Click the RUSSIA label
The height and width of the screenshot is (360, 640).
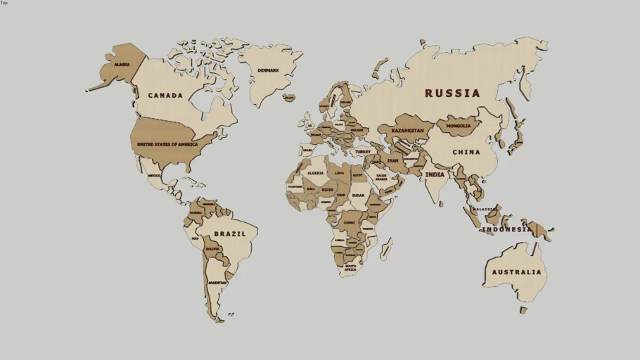coord(452,93)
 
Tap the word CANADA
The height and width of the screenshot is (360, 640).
coord(165,96)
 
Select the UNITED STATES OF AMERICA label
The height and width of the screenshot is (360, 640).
coord(167,144)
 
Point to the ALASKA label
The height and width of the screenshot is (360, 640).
coord(122,65)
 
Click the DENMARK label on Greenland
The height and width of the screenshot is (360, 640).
coord(268,70)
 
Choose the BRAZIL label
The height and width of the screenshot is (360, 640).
coord(230,233)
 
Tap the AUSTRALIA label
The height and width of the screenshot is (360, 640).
coord(517,272)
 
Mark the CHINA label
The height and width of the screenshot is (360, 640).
coord(466,152)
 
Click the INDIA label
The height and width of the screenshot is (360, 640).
coord(435,174)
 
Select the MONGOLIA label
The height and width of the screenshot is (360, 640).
coord(459,127)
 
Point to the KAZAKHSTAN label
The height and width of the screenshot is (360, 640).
coord(407,131)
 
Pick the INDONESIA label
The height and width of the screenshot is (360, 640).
coord(507,229)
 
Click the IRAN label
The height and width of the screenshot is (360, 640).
coord(392,160)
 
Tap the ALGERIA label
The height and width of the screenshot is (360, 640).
coord(316,173)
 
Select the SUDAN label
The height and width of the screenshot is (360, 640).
coord(358,195)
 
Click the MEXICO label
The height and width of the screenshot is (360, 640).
coord(155,176)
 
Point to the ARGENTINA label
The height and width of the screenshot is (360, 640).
coord(217,282)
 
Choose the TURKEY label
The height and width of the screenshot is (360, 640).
coord(362,151)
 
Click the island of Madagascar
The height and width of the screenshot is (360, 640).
coord(385,248)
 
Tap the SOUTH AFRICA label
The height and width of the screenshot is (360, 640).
coord(350,268)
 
